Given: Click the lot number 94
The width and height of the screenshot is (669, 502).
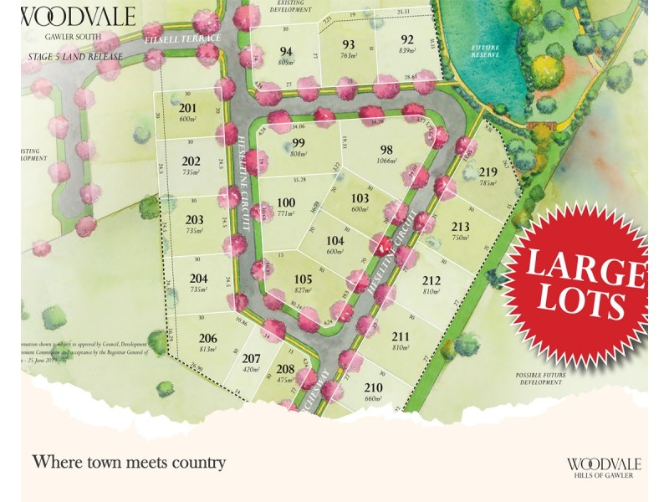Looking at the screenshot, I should (x=285, y=50).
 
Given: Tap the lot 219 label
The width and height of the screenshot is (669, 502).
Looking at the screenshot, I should (x=488, y=172).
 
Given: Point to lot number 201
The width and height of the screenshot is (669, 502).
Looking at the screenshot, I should (x=187, y=109).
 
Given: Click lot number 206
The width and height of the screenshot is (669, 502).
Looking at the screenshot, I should (x=208, y=339).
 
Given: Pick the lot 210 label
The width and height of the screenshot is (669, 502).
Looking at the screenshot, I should (x=373, y=387).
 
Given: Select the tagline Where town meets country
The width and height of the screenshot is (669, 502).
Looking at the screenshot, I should (x=129, y=461).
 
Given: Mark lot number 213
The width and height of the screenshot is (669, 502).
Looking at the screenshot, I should (x=460, y=226).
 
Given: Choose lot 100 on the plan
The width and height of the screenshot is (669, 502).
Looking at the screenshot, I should (x=286, y=202).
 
